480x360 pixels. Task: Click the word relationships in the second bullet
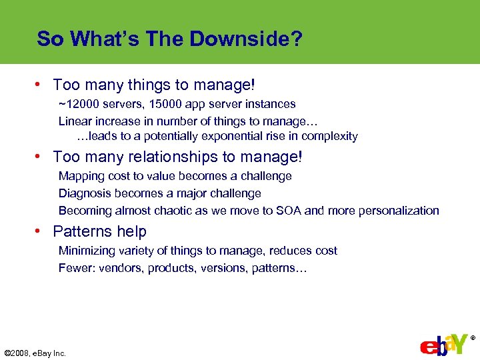[x=167, y=157]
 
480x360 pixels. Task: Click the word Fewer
[x=75, y=268]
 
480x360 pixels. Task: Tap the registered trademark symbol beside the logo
[x=473, y=338]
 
